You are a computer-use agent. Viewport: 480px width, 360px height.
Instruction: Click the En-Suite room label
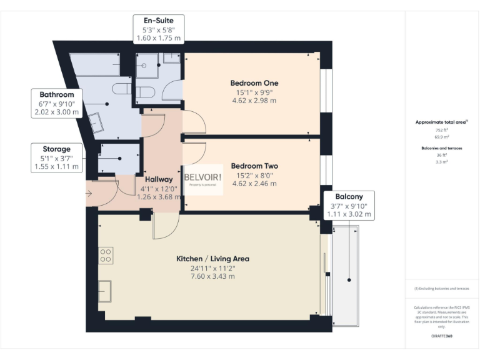coord(159,20)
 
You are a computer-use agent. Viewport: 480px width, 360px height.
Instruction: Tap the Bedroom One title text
coord(254,83)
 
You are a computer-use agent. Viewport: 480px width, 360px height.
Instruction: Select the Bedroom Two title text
coord(254,166)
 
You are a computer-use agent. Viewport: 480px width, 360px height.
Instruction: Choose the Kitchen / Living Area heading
coord(213,259)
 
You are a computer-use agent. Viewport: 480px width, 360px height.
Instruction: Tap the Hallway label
coord(159,179)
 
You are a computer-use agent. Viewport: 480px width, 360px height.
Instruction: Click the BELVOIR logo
coord(202,178)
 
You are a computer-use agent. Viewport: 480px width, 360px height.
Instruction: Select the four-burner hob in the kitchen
coord(105,254)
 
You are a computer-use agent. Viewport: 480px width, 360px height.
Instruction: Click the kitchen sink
coord(105,291)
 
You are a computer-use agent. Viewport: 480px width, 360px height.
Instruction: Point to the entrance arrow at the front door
coord(89,192)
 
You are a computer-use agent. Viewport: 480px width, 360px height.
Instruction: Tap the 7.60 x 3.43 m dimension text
coord(213,276)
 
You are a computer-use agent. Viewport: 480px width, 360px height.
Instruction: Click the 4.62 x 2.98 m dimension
coord(254,100)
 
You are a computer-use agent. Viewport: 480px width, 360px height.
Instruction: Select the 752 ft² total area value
coord(442,129)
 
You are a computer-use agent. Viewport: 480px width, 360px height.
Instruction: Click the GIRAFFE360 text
coord(442,336)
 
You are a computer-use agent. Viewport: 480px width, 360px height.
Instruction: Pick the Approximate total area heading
coord(441,122)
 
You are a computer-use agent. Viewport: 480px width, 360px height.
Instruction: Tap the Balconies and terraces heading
coord(442,148)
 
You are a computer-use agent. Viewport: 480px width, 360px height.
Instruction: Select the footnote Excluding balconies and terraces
coord(442,289)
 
